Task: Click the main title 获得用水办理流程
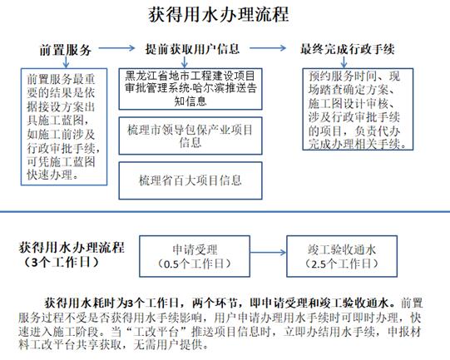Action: (219, 15)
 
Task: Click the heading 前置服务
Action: (66, 50)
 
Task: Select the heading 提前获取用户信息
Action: (192, 49)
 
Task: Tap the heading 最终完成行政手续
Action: (347, 49)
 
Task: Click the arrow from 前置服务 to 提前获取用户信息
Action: (116, 48)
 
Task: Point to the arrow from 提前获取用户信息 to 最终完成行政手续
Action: (268, 48)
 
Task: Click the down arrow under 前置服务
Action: (66, 62)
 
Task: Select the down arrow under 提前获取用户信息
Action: (185, 62)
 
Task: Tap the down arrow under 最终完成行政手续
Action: (344, 62)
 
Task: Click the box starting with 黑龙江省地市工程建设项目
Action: (190, 89)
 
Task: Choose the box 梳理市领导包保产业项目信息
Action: (190, 136)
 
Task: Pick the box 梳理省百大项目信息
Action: (190, 180)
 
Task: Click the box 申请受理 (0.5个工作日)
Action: (195, 256)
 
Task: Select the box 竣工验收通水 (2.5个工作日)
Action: (342, 256)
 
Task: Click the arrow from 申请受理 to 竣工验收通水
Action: (268, 253)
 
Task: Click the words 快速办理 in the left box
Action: (49, 175)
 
